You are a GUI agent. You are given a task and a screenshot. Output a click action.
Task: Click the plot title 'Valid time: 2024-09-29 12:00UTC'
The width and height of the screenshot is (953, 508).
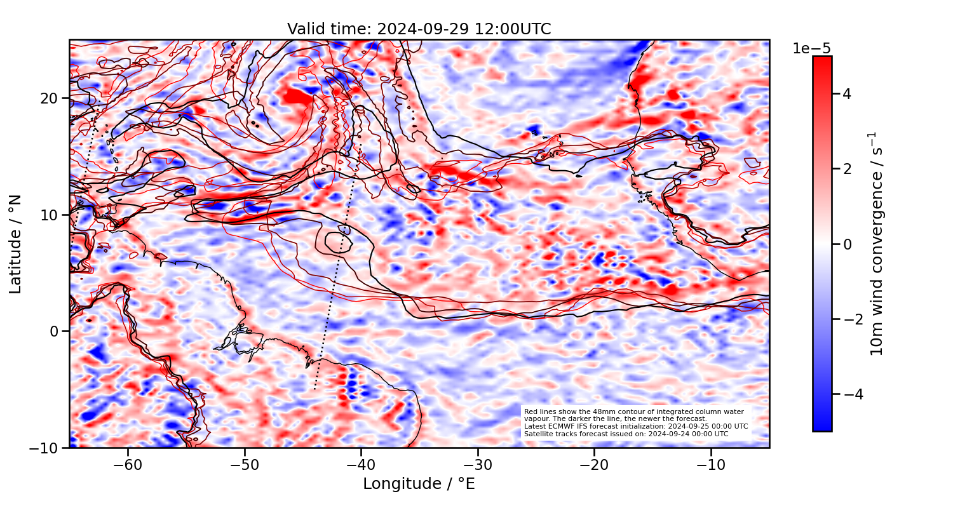(x=419, y=29)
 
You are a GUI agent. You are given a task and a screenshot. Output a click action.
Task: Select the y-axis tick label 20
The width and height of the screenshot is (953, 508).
(x=51, y=98)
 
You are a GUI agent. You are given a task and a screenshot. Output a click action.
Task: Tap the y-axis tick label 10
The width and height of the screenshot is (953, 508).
(x=51, y=215)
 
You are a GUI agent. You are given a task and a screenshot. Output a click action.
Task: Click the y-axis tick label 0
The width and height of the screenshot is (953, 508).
(x=55, y=331)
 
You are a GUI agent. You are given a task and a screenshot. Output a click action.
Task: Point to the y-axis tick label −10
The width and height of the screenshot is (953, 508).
(x=46, y=448)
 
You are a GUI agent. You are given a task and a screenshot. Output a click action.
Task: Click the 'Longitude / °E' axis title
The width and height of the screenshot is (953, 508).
(x=419, y=484)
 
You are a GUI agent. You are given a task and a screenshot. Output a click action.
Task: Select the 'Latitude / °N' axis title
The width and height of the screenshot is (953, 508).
(x=16, y=244)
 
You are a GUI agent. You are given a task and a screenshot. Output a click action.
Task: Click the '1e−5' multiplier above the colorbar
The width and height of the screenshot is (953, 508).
(x=811, y=49)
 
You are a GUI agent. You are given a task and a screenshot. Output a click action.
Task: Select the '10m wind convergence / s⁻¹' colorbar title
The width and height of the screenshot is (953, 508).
(x=877, y=244)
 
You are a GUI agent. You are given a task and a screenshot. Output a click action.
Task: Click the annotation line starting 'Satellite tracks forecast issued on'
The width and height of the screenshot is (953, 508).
(x=626, y=434)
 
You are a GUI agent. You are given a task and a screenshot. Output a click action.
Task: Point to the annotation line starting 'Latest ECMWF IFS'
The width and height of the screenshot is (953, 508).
(x=636, y=426)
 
